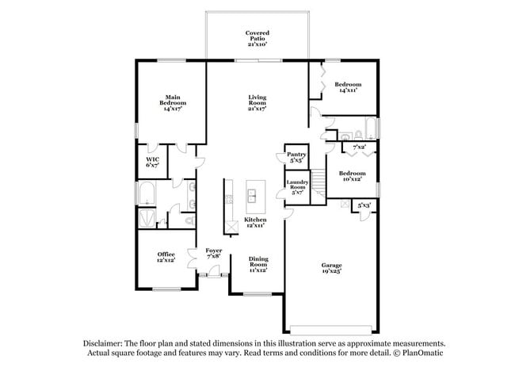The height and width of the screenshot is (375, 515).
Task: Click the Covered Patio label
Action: (x=257, y=39)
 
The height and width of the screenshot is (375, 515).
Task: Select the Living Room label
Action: (x=257, y=103)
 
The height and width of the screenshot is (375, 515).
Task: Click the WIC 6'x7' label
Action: (x=152, y=163)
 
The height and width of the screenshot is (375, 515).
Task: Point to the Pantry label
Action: (x=296, y=158)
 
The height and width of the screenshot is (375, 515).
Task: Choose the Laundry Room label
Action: (x=297, y=187)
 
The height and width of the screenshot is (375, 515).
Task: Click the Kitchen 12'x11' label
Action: (x=255, y=222)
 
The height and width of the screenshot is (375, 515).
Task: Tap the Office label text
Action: (x=166, y=257)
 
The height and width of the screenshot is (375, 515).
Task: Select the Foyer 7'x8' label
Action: (x=214, y=253)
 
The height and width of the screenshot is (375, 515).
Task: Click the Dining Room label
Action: (x=258, y=265)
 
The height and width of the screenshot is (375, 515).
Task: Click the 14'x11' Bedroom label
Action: (x=348, y=87)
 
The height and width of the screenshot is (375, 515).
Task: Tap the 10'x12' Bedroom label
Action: (x=352, y=176)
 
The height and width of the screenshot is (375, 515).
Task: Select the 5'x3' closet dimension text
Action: (x=364, y=206)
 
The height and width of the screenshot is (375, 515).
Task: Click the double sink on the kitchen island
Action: (x=255, y=193)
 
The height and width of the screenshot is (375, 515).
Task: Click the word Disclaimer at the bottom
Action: (x=104, y=343)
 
